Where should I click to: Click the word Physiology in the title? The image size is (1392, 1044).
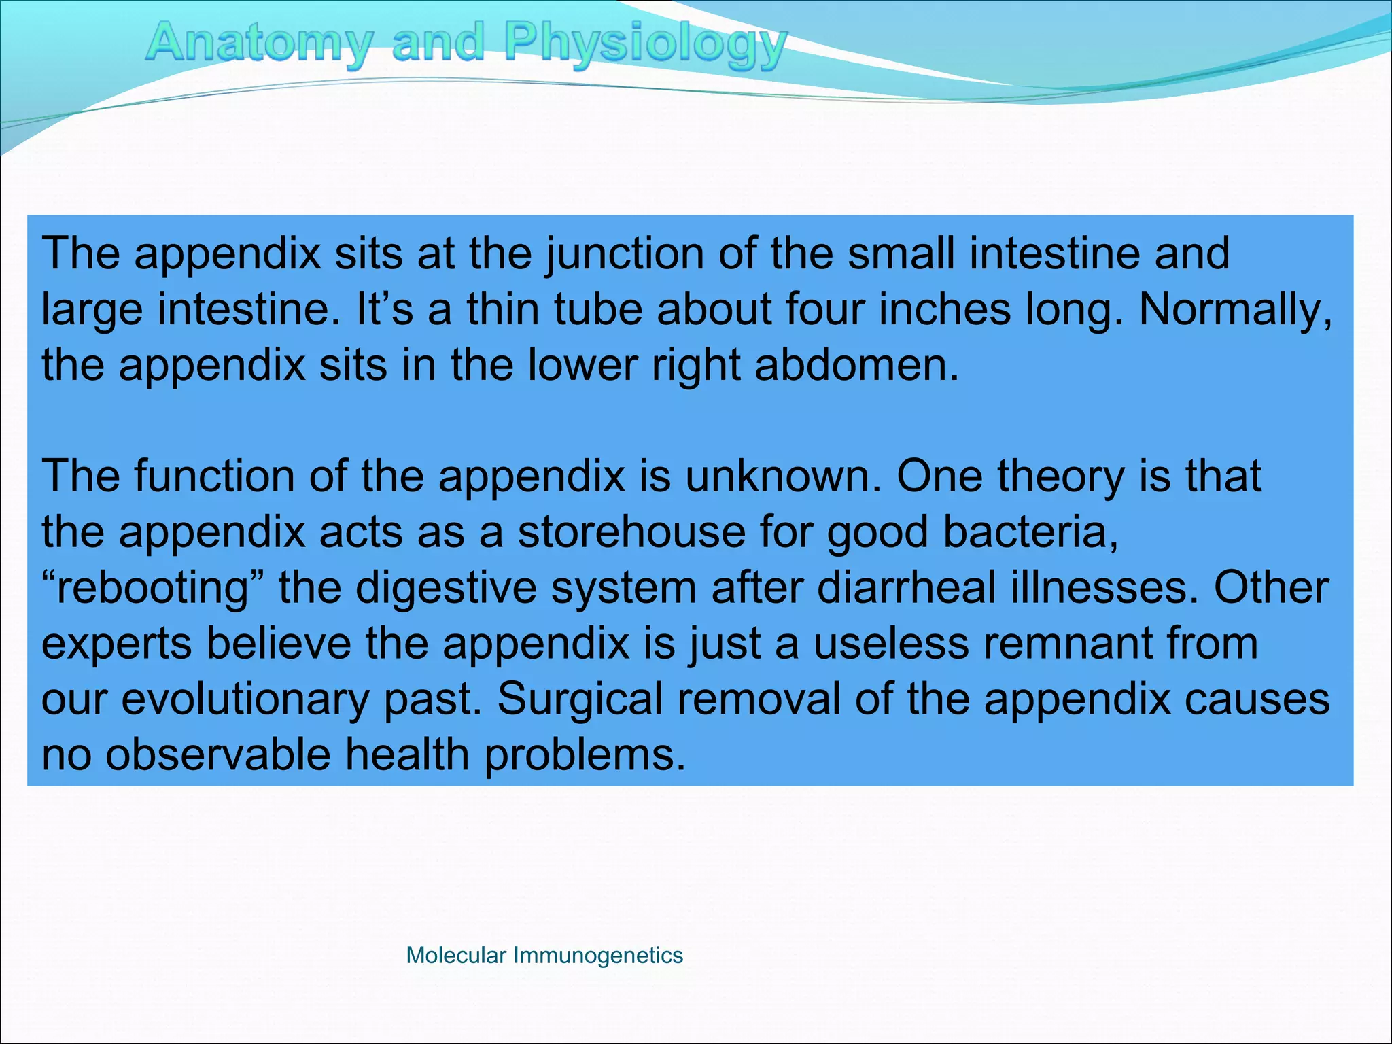[646, 43]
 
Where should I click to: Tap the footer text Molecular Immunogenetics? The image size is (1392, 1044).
[544, 955]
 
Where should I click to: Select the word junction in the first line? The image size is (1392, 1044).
[625, 254]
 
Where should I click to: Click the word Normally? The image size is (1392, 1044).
[1235, 310]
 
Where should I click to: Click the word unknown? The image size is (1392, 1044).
[782, 476]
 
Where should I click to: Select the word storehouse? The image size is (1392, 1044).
[631, 532]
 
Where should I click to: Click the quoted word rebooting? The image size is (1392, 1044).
[152, 589]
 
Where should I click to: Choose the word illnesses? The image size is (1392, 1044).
[1104, 588]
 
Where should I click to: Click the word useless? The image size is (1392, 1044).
[890, 644]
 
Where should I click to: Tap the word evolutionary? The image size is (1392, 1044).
[245, 700]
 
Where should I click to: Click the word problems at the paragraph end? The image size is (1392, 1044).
[585, 756]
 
